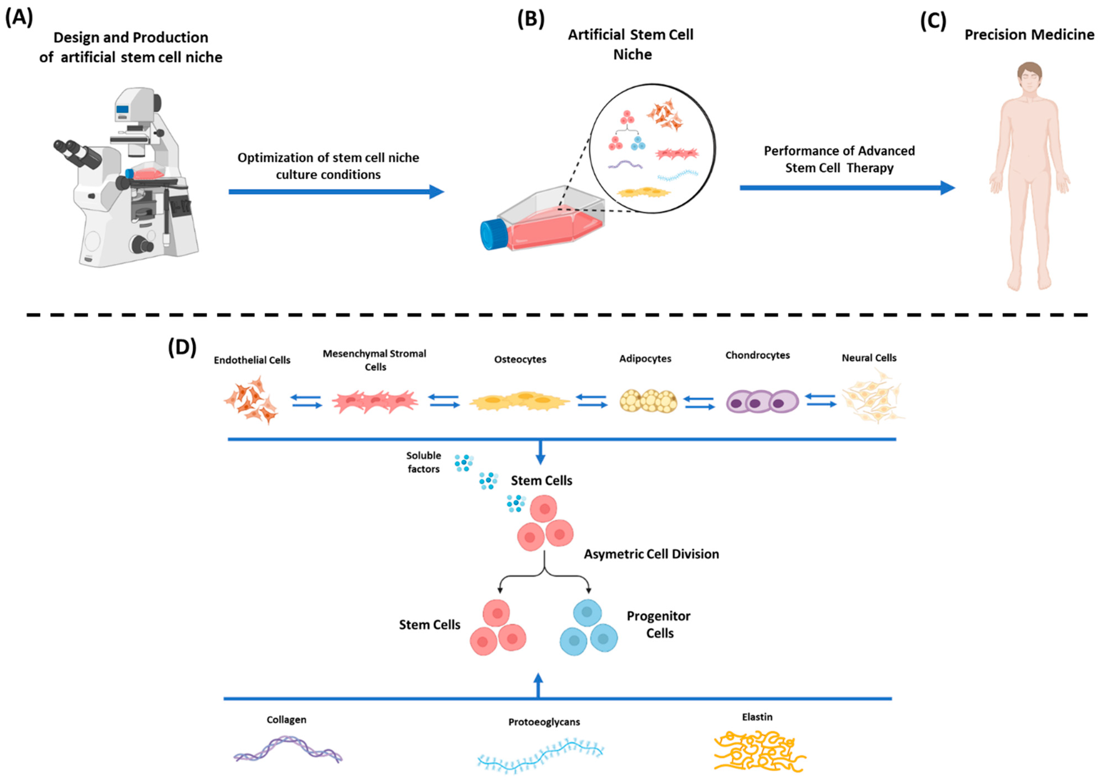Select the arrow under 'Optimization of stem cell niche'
[336, 192]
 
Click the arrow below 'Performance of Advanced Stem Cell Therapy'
[846, 188]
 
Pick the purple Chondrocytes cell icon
[762, 401]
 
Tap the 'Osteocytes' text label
[520, 359]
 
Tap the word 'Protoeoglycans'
[544, 722]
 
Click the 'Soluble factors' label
[423, 462]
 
